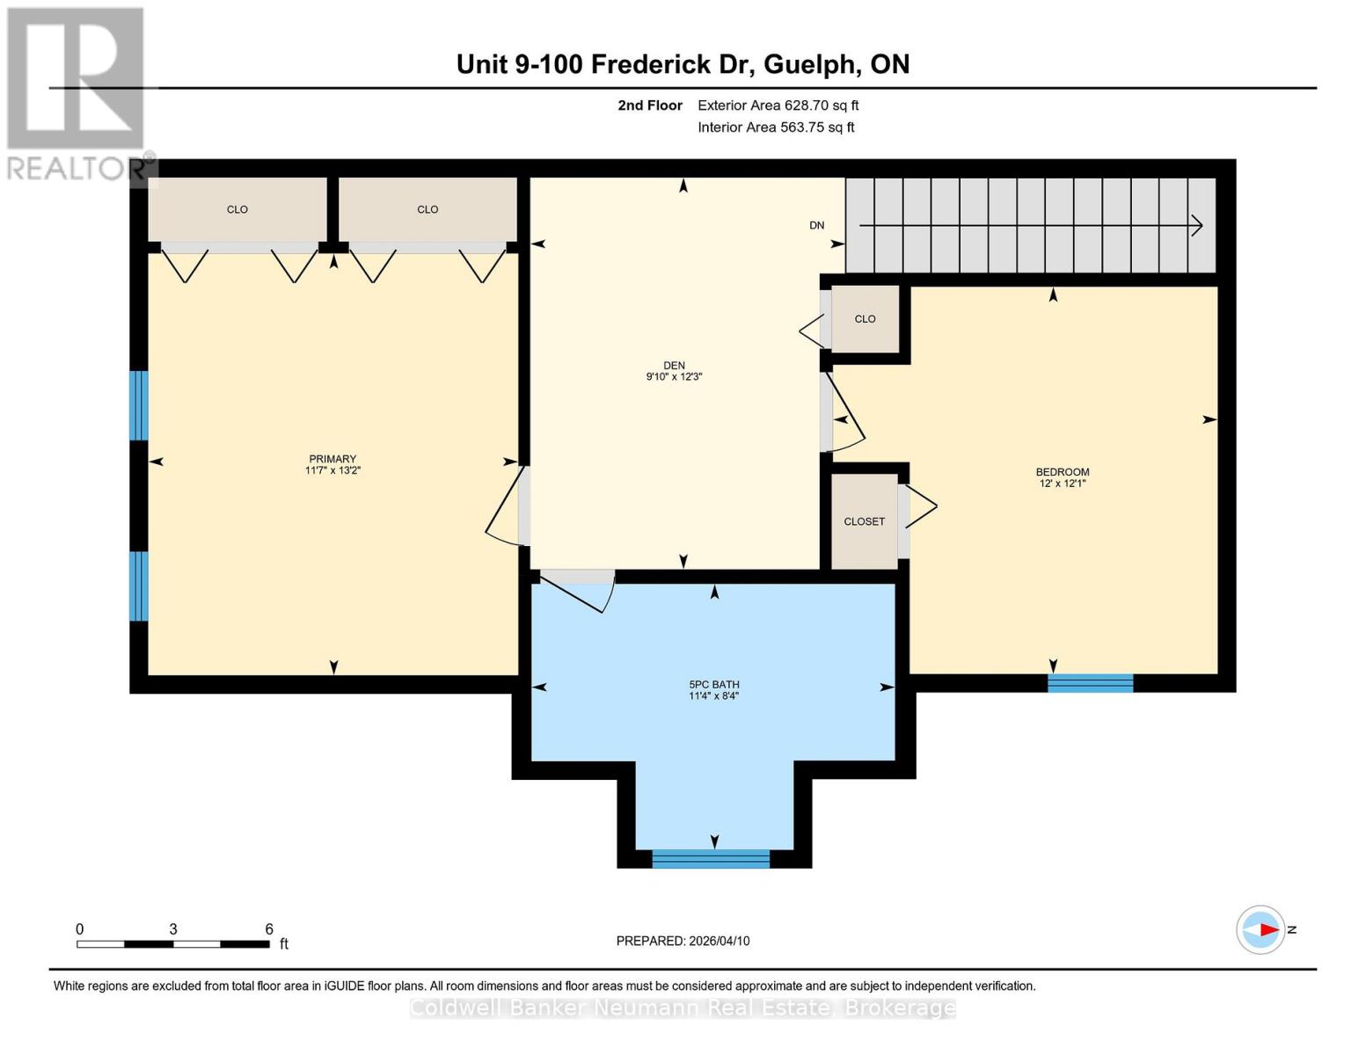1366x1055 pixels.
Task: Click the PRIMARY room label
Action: point(332,459)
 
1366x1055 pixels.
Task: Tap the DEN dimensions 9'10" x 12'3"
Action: point(674,377)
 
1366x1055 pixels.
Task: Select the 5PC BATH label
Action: point(713,684)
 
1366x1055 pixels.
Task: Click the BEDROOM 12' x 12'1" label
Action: point(1063,477)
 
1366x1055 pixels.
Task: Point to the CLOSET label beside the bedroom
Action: point(864,521)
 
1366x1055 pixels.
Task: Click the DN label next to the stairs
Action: point(816,225)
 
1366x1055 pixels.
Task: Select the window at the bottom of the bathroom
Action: point(711,859)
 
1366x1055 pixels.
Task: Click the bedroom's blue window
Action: point(1090,683)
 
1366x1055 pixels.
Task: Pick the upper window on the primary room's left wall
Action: point(138,405)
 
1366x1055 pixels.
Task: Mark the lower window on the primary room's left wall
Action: point(138,586)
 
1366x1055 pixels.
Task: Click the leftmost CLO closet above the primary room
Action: point(237,209)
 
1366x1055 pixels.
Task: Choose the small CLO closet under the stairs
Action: point(865,319)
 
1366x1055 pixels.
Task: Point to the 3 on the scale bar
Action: point(173,929)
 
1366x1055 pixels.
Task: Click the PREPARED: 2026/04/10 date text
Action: point(683,941)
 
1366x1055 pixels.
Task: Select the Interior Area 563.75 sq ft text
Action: point(776,127)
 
